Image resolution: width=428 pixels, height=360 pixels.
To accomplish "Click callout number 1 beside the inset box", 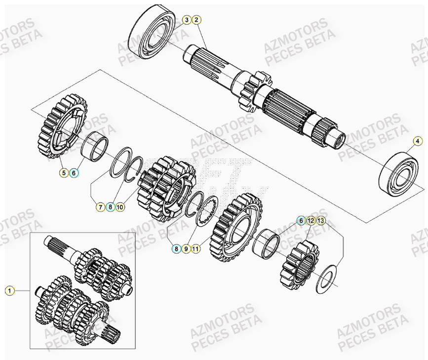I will point(9,291).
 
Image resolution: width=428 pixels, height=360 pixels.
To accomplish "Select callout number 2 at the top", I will point(196,20).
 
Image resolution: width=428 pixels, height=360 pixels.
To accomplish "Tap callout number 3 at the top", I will point(186,20).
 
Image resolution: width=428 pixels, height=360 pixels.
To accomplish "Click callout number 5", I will point(64,173).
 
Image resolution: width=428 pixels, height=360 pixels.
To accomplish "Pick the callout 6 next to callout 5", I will point(74,173).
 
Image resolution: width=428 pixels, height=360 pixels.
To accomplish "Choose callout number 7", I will point(100,207).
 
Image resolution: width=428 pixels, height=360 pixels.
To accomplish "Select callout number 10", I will point(120,207).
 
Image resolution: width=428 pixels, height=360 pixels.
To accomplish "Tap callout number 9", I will point(186,249).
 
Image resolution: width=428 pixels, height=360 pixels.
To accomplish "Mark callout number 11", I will point(196,249).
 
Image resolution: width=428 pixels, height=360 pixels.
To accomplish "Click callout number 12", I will point(310,221).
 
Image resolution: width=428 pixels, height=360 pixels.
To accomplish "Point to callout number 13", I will point(320,221).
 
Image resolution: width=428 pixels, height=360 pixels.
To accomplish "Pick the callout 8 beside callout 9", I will point(176,249).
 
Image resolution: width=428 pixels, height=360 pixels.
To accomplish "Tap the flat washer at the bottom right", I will point(326,278).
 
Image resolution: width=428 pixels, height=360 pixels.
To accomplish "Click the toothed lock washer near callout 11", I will point(208,211).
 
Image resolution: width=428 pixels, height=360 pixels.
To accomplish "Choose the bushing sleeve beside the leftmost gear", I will point(95,146).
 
